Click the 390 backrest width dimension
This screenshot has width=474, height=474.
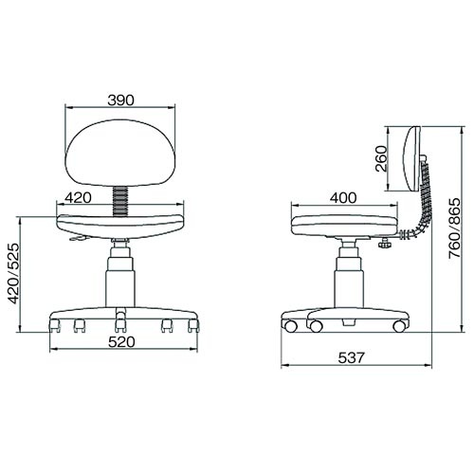point(121,100)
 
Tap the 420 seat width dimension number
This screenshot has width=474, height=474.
point(78,198)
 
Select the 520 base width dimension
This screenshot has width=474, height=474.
point(121,342)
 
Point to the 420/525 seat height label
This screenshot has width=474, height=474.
point(13,274)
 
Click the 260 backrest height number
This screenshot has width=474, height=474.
point(381,158)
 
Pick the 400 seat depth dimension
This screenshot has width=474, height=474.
point(343,198)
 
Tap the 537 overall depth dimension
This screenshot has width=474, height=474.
point(352,358)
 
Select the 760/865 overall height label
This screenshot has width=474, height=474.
point(455,228)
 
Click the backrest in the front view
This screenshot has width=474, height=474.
point(119,155)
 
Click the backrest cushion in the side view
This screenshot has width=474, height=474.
point(412,158)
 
